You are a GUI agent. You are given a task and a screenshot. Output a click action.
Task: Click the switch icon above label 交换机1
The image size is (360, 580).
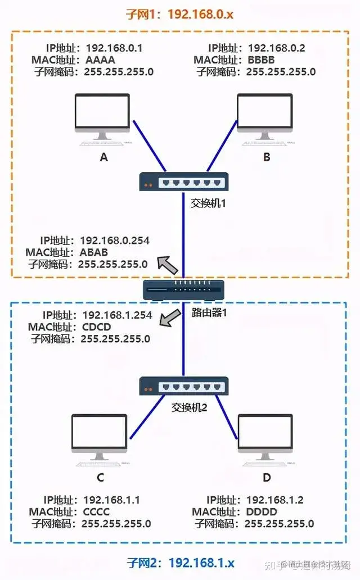tap(183, 182)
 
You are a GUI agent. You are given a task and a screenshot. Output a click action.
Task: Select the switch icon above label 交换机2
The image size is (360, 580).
tap(183, 386)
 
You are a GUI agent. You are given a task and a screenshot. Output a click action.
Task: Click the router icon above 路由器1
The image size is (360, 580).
tap(183, 290)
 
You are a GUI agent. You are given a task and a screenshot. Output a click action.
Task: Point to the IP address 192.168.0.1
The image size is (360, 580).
tap(111, 48)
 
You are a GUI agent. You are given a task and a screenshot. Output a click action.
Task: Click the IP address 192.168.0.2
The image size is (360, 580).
tap(276, 48)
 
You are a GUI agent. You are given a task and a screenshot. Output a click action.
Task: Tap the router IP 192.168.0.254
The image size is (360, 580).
tap(115, 241)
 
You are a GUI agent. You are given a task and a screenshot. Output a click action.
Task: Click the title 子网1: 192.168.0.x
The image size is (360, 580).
tap(180, 14)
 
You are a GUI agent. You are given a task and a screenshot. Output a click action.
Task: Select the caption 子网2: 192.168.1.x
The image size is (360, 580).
tap(180, 563)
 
